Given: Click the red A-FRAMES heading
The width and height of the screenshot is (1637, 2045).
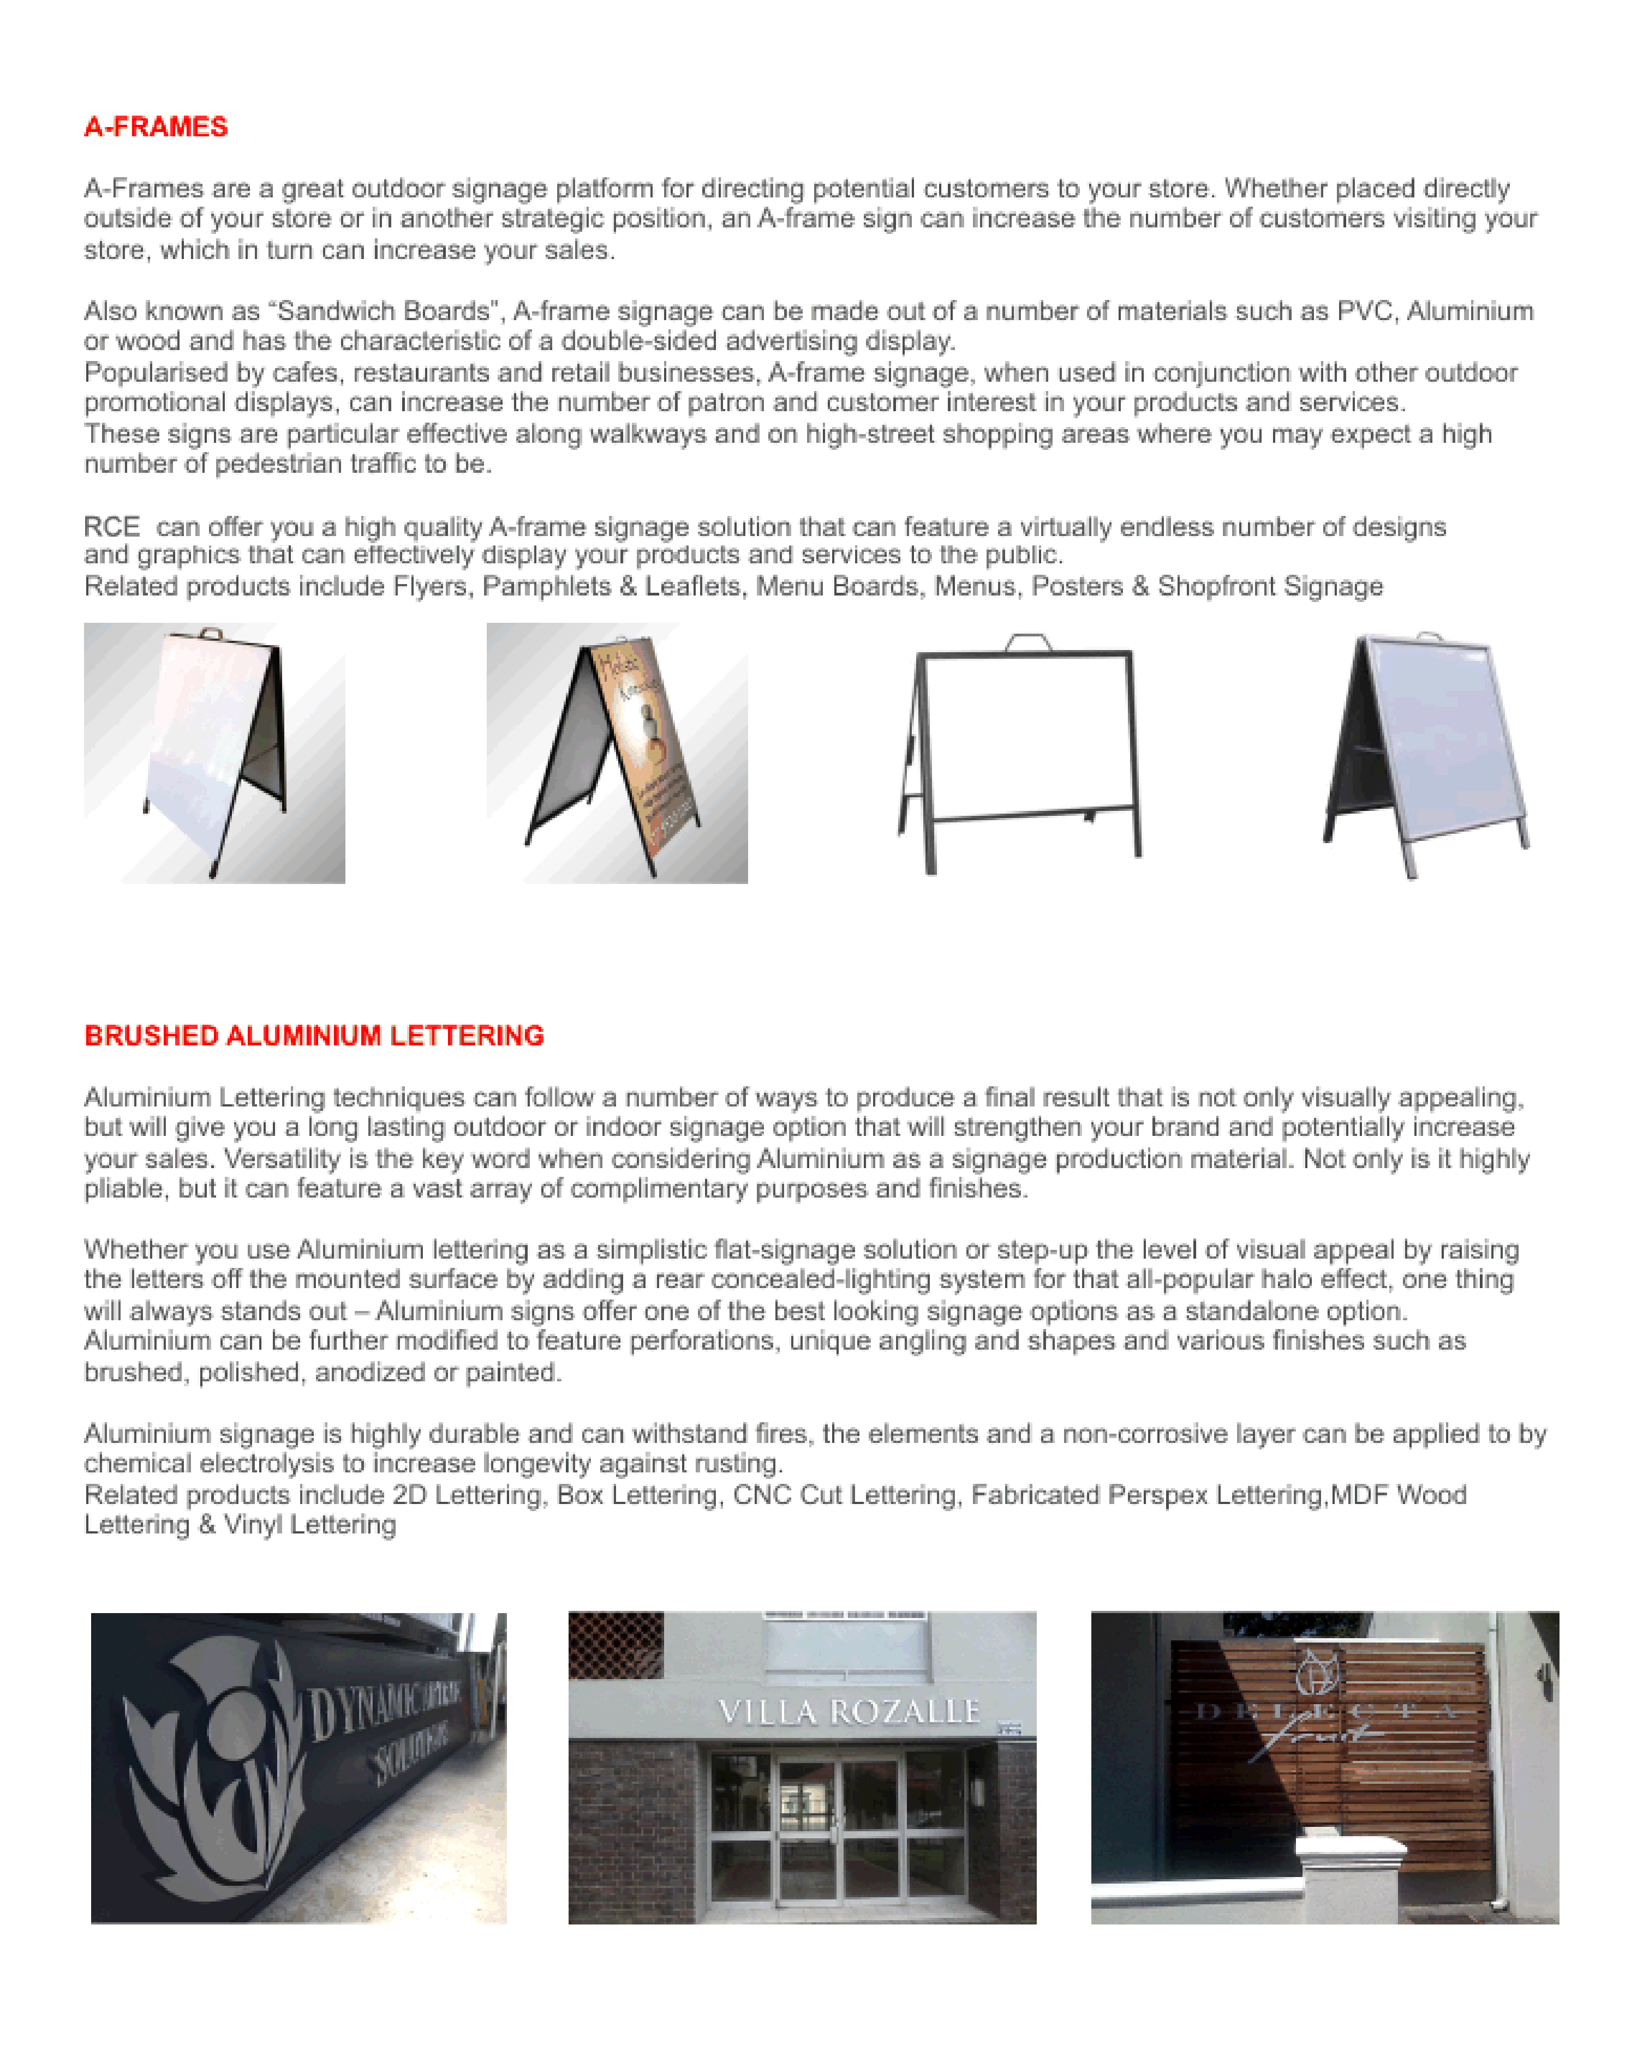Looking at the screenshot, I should pyautogui.click(x=156, y=127).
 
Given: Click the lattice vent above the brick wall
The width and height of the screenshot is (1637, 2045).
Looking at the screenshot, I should pyautogui.click(x=615, y=1644).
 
